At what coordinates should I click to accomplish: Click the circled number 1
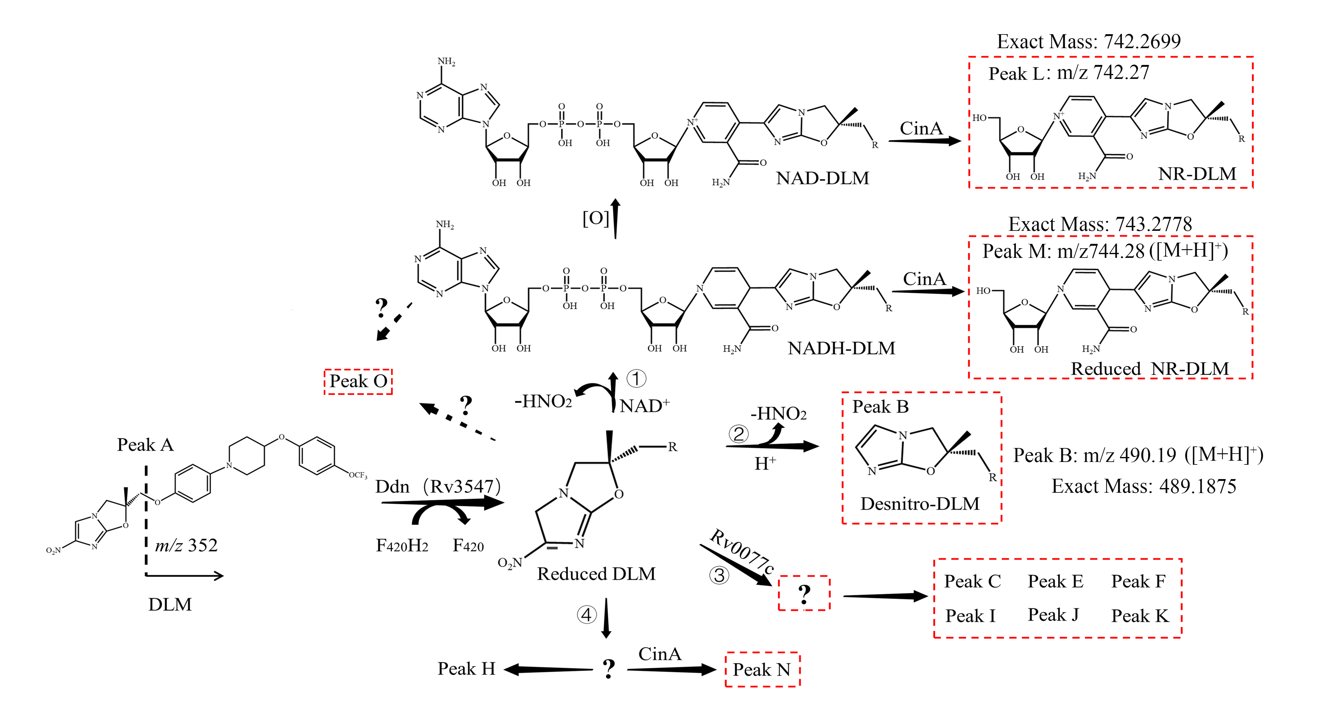click(x=636, y=378)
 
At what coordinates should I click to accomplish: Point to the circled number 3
click(x=719, y=575)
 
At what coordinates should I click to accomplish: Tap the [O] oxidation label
click(x=595, y=218)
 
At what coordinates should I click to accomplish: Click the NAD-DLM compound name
click(x=823, y=178)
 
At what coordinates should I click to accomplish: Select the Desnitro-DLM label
click(x=920, y=504)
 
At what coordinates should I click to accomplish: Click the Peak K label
click(x=1140, y=615)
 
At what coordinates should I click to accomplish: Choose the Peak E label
click(x=1055, y=581)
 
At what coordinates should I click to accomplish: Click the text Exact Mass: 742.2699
click(x=1089, y=41)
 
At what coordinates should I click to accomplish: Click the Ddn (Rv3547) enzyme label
click(x=438, y=486)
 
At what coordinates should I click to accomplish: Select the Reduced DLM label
click(x=597, y=574)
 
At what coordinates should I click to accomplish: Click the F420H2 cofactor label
click(x=402, y=545)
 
